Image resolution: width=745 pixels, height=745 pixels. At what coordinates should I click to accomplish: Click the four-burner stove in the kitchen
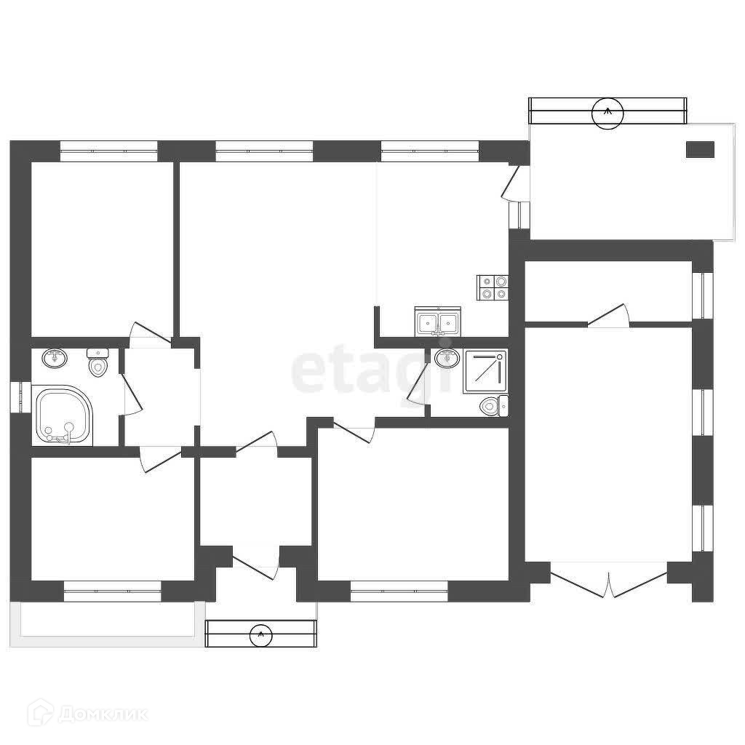pyautogui.click(x=493, y=287)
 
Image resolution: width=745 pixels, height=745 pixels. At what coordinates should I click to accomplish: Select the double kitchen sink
pyautogui.click(x=438, y=321)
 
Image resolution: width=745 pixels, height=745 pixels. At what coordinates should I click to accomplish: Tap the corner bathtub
pyautogui.click(x=63, y=415)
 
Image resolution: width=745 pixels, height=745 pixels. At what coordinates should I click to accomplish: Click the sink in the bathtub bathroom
pyautogui.click(x=54, y=358)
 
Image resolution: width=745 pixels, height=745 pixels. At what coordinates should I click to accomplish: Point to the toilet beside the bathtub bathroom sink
pyautogui.click(x=97, y=362)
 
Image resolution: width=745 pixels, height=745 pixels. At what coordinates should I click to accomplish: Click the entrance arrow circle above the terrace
pyautogui.click(x=607, y=112)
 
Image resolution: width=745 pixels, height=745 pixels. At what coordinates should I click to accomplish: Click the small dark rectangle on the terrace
pyautogui.click(x=701, y=149)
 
